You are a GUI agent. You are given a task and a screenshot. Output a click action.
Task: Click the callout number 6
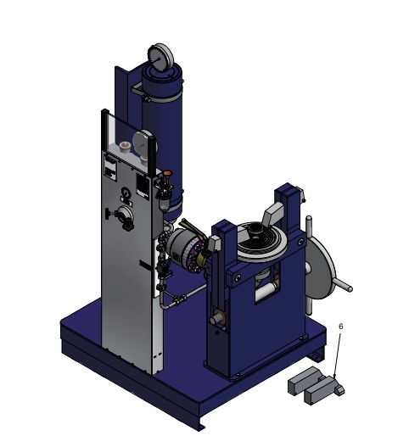[340, 326]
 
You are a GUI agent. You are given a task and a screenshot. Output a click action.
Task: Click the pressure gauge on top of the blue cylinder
[160, 58]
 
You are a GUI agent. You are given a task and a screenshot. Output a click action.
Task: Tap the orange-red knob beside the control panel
[167, 173]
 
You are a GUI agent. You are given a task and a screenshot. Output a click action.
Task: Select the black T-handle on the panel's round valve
[108, 214]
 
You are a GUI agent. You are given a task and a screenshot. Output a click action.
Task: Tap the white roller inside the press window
[266, 293]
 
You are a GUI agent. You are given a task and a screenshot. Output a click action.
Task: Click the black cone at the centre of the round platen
[254, 229]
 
